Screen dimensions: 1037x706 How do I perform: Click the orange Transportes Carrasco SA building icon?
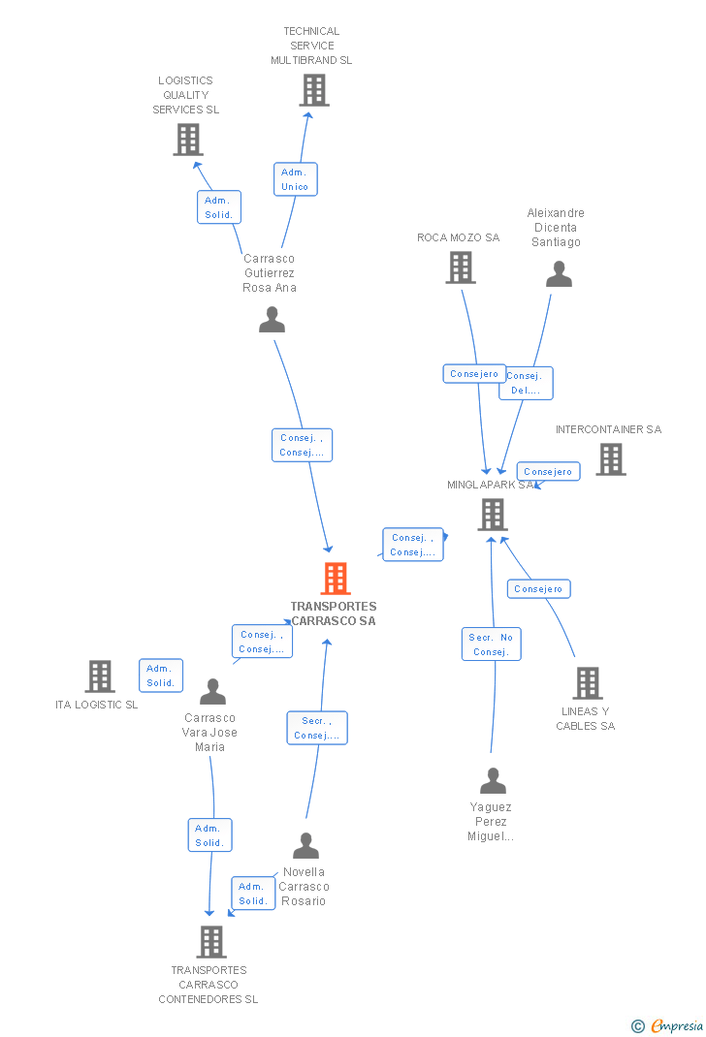pos(335,579)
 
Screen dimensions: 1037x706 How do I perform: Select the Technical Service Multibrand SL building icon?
pos(313,90)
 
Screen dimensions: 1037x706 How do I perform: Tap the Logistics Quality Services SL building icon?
pos(188,140)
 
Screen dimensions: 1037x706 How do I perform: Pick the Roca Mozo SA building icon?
pos(461,267)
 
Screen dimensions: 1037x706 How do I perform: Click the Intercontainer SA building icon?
pos(610,459)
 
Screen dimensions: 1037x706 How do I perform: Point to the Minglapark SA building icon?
pos(493,515)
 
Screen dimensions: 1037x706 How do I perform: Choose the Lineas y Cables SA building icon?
pos(587,683)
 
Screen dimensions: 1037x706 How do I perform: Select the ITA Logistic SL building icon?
pos(100,676)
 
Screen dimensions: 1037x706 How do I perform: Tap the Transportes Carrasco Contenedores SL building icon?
pos(211,941)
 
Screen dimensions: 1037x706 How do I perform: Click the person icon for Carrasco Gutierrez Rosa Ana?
pos(273,319)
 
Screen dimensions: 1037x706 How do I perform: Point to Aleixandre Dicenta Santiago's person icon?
pos(559,274)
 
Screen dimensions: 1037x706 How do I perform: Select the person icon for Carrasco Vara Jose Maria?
pos(212,692)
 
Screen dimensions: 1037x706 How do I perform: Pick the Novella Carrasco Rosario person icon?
pos(305,846)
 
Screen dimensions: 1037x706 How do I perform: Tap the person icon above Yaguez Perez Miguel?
pos(493,780)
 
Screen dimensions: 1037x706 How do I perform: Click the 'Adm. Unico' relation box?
pos(295,179)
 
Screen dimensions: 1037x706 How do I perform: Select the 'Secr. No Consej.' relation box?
pos(492,644)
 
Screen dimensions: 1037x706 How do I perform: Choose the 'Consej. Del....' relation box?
pos(526,383)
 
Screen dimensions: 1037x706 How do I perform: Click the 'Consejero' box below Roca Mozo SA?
pos(474,373)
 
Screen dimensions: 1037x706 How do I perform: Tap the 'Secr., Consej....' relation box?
pos(317,728)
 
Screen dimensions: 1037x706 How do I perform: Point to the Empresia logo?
pos(668,1025)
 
